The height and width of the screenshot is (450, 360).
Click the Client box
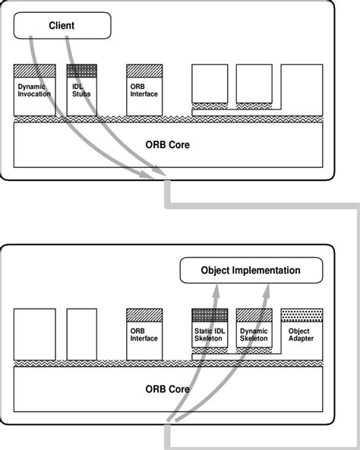tap(62, 25)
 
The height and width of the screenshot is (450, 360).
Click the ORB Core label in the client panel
tap(167, 144)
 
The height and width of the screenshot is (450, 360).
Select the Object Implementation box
tap(250, 271)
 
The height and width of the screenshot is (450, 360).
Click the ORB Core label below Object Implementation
tap(167, 388)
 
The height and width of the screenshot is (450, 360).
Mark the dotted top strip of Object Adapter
tap(302, 313)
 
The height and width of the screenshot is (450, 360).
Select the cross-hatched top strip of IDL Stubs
tap(82, 70)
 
